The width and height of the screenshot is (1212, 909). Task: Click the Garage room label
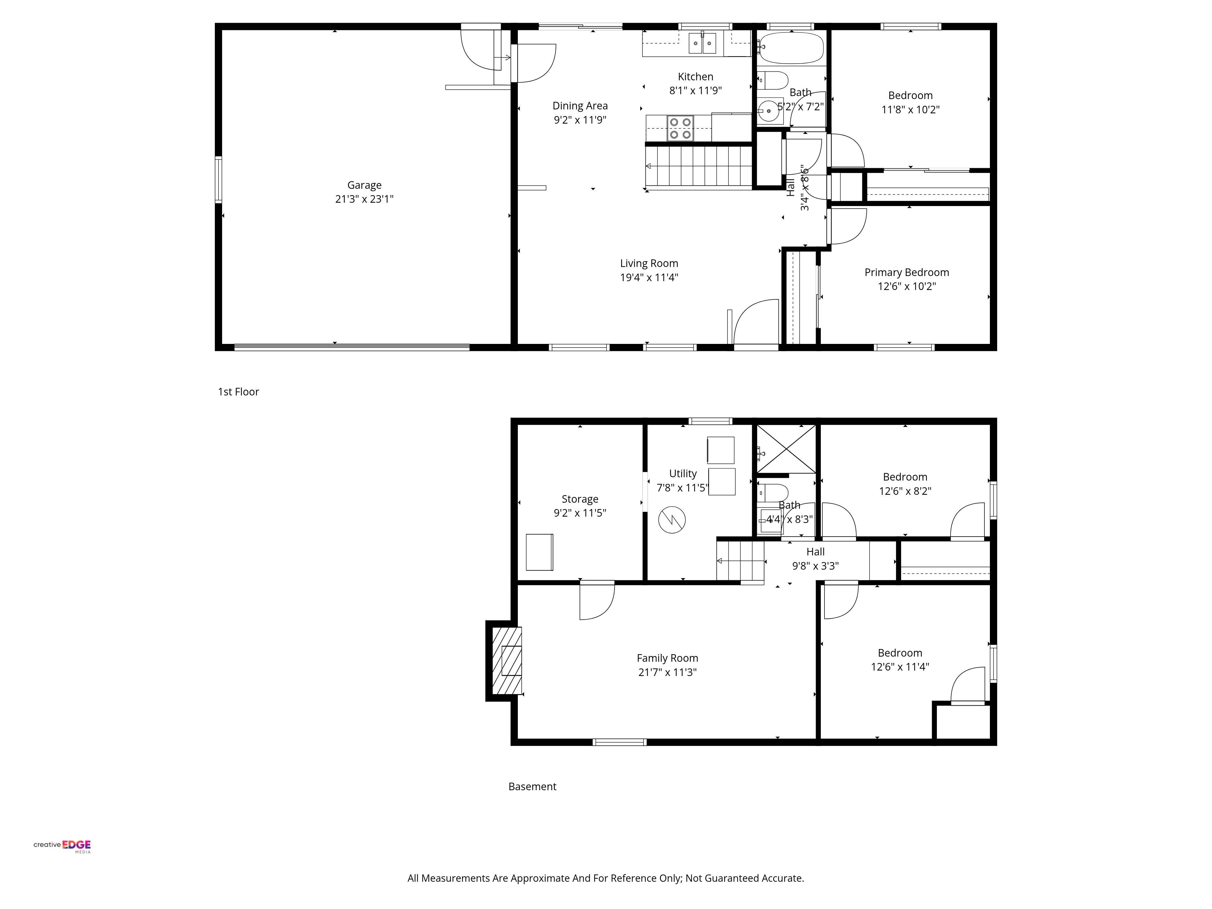pos(365,185)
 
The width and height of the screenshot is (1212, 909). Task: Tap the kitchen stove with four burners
pos(680,128)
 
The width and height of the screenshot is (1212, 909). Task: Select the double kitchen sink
pos(702,43)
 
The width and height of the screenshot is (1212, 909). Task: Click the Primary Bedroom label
pos(907,272)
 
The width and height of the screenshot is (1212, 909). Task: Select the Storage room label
pos(580,499)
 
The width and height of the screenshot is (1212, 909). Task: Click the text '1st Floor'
pos(238,392)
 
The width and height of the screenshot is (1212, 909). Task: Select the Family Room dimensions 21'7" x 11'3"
pos(668,672)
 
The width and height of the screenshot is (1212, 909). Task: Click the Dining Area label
pos(580,106)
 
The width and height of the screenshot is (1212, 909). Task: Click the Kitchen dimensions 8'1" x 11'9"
pos(695,90)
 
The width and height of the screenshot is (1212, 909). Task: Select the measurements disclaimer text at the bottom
pos(605,878)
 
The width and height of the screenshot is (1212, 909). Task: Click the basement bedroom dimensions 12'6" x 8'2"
pos(905,491)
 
